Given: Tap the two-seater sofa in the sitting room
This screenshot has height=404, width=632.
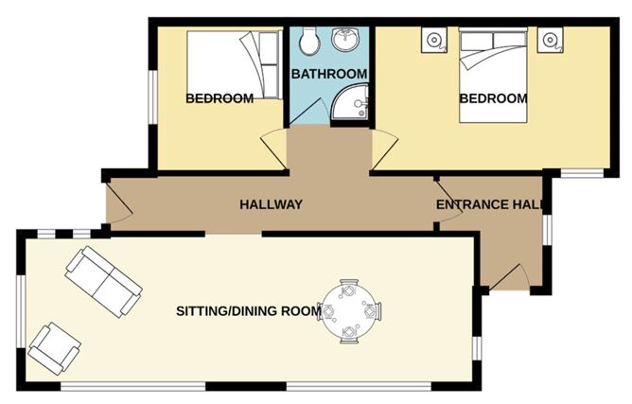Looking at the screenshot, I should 103,280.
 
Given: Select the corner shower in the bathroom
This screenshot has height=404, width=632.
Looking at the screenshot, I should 353,103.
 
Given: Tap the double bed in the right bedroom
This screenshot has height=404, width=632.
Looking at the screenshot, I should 493,76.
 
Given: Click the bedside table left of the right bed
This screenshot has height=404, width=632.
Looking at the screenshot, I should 434,40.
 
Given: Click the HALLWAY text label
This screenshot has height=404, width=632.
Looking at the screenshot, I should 271,204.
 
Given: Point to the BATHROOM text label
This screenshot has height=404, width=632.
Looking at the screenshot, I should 328,74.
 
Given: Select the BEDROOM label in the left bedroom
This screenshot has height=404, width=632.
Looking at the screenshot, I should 219,97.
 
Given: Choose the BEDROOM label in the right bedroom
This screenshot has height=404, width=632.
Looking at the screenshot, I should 493,97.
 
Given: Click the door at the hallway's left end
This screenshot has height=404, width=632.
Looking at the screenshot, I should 114,204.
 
